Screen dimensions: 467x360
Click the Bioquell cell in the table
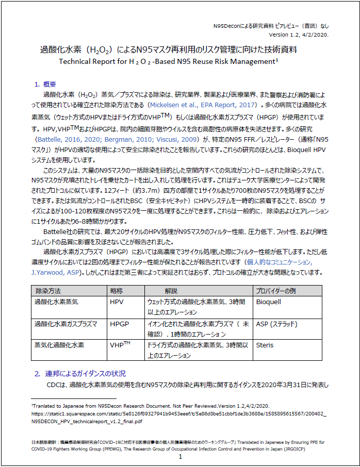(268, 302)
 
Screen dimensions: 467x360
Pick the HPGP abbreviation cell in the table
(120, 323)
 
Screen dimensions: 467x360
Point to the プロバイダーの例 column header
(276, 291)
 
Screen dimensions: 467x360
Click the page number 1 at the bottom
(180, 457)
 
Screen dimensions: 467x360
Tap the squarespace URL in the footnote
(178, 413)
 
